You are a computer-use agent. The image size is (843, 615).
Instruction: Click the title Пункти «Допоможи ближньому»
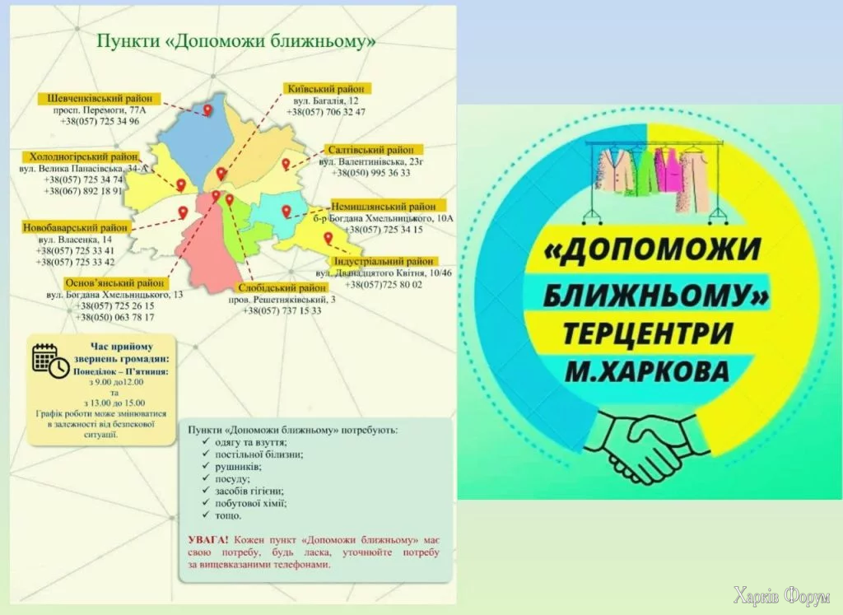tap(236, 40)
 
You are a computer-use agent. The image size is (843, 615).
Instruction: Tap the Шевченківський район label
tap(100, 99)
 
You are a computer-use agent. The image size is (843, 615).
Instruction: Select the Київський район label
tap(327, 89)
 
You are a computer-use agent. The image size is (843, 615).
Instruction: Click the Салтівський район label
tap(370, 151)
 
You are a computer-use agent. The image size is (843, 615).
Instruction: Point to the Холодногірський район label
tap(83, 156)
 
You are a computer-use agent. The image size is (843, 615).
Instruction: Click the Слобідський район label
tap(282, 287)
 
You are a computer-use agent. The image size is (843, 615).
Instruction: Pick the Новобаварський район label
tap(75, 226)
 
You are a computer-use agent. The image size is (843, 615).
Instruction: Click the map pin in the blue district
tap(208, 108)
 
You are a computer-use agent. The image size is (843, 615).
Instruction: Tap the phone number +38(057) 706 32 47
tap(326, 112)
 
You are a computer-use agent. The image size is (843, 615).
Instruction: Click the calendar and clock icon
tap(49, 359)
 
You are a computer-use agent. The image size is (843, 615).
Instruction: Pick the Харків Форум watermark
tap(781, 595)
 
